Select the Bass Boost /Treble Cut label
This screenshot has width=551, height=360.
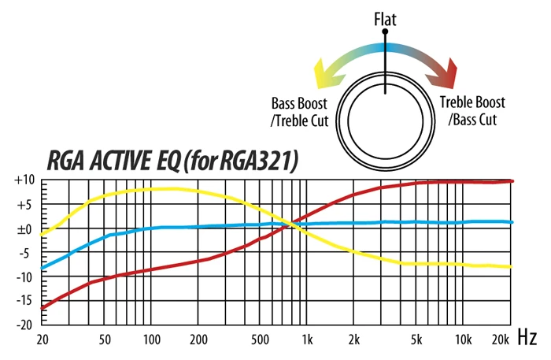coord(300,112)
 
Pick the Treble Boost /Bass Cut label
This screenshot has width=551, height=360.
coord(472,112)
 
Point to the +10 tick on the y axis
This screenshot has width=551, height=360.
coord(24,180)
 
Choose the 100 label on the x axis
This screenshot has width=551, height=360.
coord(152,340)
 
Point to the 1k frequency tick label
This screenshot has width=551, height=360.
coord(308,340)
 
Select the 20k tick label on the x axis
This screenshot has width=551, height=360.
coord(498,340)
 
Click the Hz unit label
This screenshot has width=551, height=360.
coord(527,339)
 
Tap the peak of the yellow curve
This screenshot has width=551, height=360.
coord(169,188)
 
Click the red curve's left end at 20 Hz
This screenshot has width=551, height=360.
coord(42,307)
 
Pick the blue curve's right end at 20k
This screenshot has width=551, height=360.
coord(511,222)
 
